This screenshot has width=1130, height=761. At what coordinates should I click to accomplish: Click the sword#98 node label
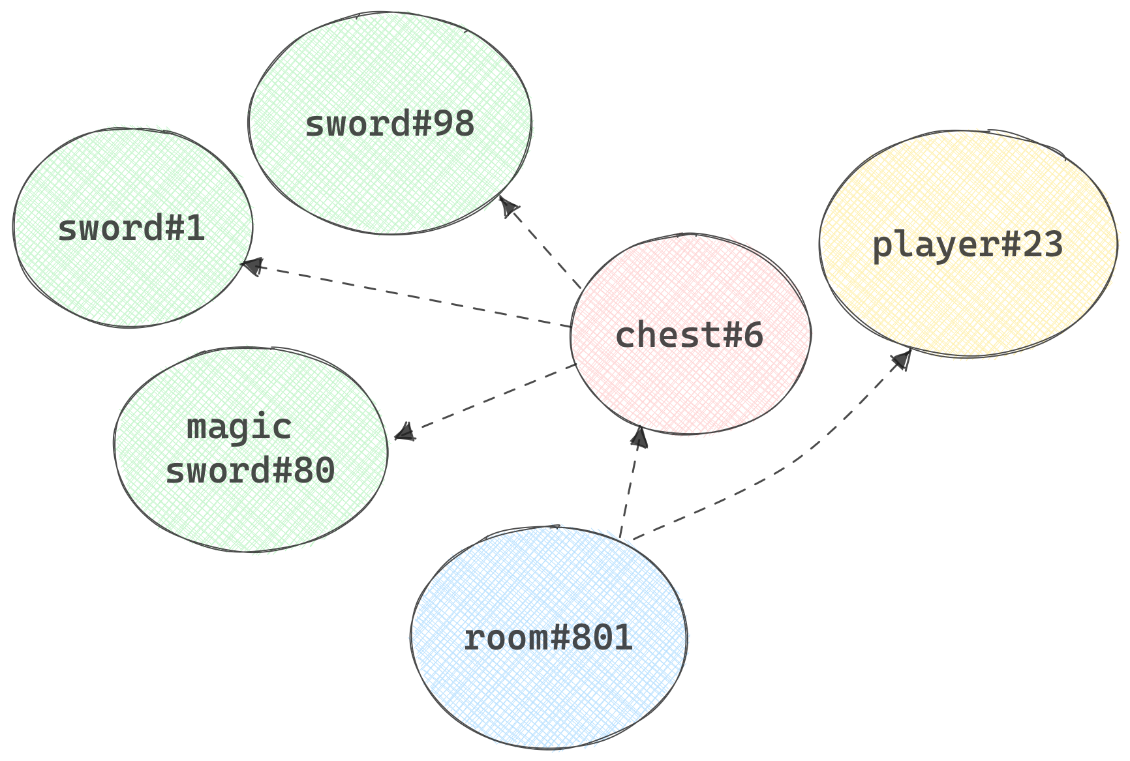(389, 124)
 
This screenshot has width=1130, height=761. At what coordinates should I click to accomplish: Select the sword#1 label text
(131, 228)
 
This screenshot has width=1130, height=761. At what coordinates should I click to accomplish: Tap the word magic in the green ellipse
(239, 427)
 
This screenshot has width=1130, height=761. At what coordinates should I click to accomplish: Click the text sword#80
(250, 470)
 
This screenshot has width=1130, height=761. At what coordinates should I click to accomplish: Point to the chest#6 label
(689, 335)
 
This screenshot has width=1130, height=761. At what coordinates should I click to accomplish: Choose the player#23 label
(968, 245)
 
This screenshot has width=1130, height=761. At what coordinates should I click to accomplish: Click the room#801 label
(548, 638)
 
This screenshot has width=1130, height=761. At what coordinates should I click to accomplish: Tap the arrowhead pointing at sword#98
(508, 207)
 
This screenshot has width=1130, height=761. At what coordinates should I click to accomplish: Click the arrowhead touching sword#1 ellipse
(251, 265)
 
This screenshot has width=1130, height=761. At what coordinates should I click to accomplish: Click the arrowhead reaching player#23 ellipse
(902, 359)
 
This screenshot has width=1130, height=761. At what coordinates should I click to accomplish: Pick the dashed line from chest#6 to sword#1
(411, 295)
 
